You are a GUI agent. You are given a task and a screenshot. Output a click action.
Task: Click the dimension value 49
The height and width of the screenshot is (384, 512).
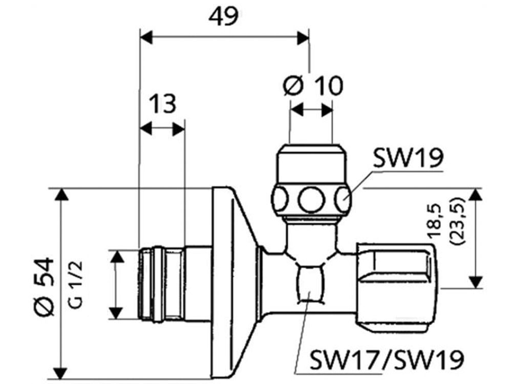[224, 17]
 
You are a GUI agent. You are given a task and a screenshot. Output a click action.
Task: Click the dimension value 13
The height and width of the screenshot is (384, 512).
[163, 103]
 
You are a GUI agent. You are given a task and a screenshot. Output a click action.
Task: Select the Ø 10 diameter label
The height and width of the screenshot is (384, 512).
[313, 86]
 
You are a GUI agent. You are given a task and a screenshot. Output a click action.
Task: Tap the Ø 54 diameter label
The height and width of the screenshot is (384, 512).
[44, 287]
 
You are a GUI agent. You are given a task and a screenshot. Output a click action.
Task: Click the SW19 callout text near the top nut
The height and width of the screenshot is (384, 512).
[408, 158]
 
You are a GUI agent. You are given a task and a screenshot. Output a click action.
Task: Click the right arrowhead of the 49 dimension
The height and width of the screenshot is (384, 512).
[303, 37]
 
